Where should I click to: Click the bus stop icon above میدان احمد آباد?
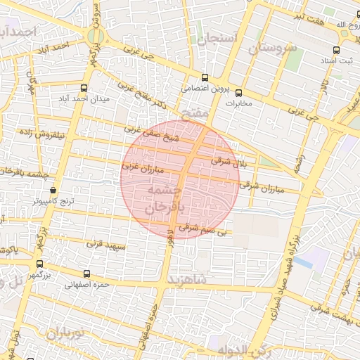click(84, 88)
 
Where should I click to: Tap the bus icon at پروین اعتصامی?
click(205, 78)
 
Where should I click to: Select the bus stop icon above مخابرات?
click(238, 92)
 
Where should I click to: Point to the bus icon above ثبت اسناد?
click(337, 50)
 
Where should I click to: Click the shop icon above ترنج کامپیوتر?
click(53, 190)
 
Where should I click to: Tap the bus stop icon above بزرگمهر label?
click(39, 264)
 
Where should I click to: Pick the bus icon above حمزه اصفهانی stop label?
click(86, 274)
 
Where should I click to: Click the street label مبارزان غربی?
click(142, 169)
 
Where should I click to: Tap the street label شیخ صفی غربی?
click(153, 133)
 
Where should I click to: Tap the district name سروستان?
click(274, 49)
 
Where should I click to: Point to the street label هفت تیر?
click(310, 16)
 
